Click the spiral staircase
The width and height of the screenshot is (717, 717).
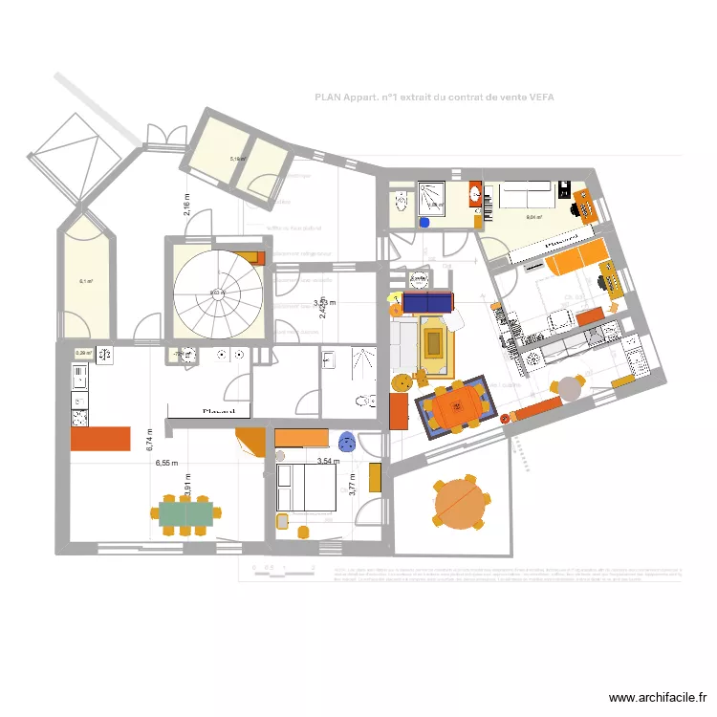pos(216,292)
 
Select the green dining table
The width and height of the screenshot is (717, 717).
pos(187,515)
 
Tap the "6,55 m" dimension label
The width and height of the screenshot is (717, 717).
pos(167,463)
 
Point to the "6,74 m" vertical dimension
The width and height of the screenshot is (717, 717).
pos(149,439)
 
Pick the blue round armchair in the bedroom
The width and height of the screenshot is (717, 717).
pos(347,441)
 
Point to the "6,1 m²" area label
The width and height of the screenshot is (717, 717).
pos(85,281)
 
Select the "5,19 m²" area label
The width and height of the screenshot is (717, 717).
pos(238,160)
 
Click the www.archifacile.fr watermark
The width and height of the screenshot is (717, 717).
pos(660,699)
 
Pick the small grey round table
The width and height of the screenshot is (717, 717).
pos(571,388)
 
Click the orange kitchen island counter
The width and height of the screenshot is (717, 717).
pos(98,439)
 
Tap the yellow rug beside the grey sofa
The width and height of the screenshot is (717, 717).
pos(435,341)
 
